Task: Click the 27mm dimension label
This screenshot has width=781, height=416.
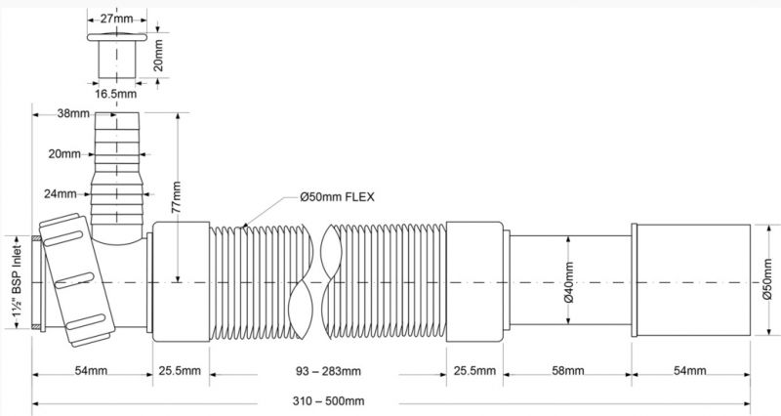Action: (116, 19)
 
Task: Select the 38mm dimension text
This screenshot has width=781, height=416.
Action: (73, 113)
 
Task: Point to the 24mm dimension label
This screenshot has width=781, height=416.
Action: (61, 193)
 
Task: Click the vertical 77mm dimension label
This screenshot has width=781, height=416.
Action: (177, 197)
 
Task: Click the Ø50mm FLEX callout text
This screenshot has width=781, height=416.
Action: (337, 197)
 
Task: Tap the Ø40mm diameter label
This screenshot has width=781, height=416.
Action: (570, 282)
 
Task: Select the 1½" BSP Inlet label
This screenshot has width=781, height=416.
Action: (17, 281)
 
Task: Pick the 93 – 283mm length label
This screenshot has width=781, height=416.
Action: (328, 371)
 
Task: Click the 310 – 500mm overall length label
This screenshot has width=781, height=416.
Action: (328, 401)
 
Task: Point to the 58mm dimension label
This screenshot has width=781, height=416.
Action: (568, 371)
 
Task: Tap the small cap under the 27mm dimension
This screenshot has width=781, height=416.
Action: (117, 56)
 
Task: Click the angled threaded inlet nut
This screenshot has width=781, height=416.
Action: (77, 280)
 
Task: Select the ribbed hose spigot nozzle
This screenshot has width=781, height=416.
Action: (117, 169)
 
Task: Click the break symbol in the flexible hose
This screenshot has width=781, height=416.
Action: (314, 282)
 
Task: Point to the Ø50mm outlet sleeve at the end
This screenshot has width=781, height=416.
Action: (691, 280)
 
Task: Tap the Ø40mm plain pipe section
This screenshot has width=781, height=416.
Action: (570, 280)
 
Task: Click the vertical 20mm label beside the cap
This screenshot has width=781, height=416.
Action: (158, 56)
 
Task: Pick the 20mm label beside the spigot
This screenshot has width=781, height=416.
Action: (64, 154)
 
